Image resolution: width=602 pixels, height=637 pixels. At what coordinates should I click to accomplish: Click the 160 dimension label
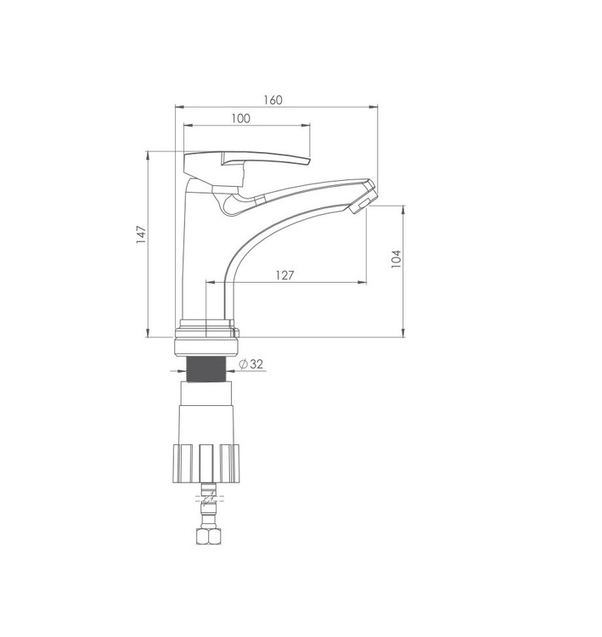(273, 100)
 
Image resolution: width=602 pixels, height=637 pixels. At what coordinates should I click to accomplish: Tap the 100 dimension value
(241, 119)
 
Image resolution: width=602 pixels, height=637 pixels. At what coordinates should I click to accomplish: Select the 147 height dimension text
(141, 234)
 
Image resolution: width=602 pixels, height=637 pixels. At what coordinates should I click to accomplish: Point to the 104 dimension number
(396, 259)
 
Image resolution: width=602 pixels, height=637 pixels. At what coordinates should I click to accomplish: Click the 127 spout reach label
(284, 275)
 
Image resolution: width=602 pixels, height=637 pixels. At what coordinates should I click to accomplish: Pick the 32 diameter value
(256, 364)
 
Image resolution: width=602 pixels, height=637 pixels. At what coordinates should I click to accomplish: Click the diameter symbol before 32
(243, 364)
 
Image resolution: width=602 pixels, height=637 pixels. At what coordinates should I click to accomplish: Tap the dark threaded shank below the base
(205, 369)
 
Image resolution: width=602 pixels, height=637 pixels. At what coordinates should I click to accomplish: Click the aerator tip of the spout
(363, 202)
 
